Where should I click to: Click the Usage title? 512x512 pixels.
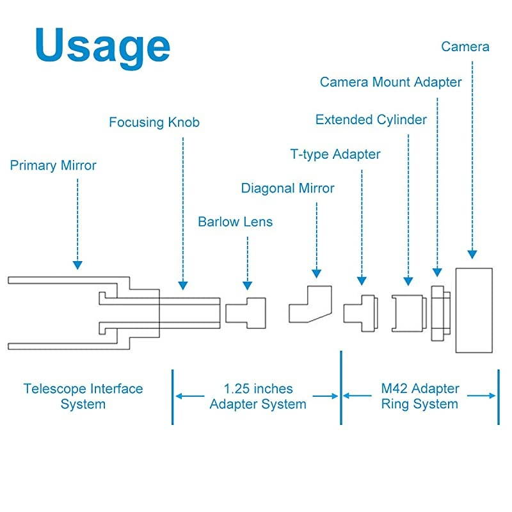(x=102, y=46)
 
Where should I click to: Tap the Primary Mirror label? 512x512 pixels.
(x=53, y=166)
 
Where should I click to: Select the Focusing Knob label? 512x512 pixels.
(x=154, y=122)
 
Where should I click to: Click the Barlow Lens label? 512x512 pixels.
(x=235, y=222)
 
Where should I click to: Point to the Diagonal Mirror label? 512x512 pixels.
(x=287, y=188)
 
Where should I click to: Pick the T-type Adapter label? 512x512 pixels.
(x=335, y=154)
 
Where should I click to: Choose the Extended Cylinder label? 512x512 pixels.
(x=371, y=120)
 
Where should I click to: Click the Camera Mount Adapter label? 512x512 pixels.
(x=390, y=82)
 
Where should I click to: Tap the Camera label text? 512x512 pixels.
(x=465, y=47)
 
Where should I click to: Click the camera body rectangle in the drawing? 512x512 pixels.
(x=474, y=310)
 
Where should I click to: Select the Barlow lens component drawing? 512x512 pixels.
(x=245, y=311)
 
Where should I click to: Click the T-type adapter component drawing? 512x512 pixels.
(x=360, y=312)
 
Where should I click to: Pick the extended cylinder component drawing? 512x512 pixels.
(x=408, y=313)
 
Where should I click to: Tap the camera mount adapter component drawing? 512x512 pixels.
(x=440, y=313)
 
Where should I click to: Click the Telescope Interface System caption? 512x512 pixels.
(x=83, y=396)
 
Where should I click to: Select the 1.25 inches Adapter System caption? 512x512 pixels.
(x=258, y=396)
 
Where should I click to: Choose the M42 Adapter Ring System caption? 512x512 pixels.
(x=420, y=396)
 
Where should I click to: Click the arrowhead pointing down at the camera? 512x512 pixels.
(x=472, y=254)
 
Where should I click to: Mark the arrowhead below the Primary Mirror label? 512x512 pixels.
(x=77, y=264)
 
